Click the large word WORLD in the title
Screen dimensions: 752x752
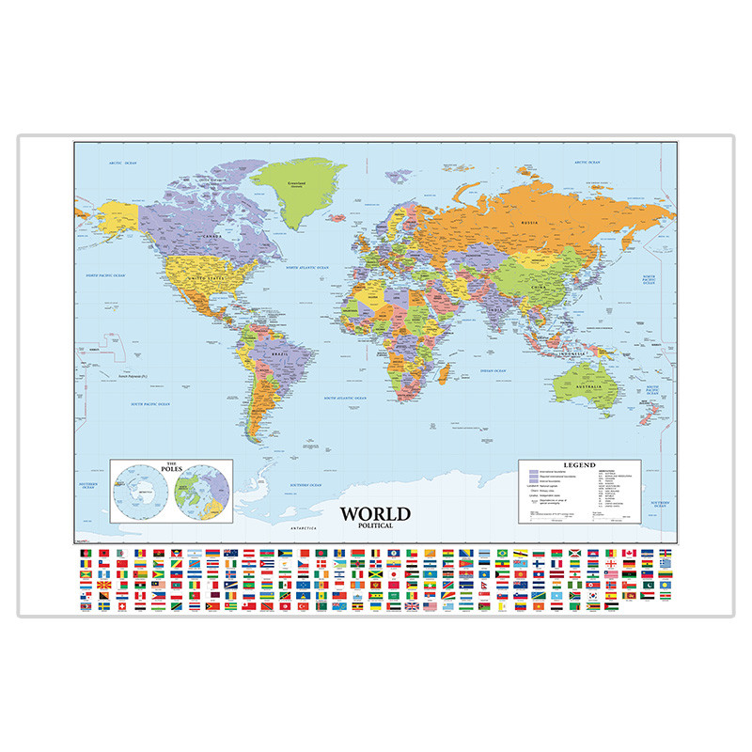[375, 514]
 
